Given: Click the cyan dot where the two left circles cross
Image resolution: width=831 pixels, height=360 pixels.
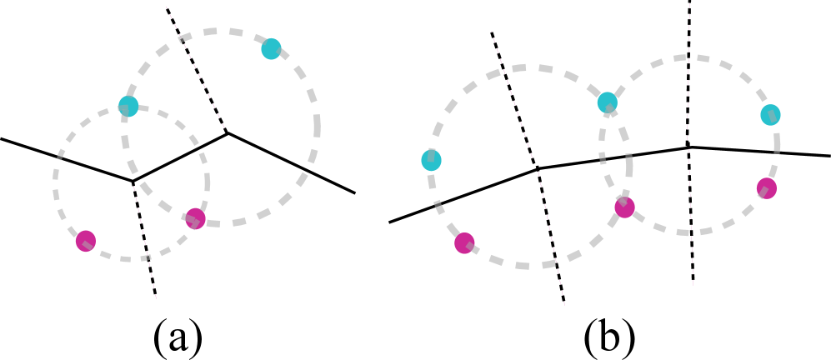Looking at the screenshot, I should coord(128,106).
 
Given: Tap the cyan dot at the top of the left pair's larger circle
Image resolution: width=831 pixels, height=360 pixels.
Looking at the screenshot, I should coord(271,48).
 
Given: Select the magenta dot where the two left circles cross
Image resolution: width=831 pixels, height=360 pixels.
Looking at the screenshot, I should coord(195,218).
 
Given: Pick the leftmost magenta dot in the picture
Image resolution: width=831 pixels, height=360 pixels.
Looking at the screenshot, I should coord(85,241).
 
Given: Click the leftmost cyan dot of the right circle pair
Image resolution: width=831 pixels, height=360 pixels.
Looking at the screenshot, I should coord(431,160).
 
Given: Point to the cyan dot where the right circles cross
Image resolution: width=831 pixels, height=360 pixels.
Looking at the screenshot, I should coord(607,102).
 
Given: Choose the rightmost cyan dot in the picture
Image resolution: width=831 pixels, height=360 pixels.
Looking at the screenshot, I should coord(770,115).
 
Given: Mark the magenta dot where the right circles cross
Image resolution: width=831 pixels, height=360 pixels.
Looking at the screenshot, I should coord(624,207).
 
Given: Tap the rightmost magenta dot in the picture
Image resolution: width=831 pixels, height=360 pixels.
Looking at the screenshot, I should coord(767,188).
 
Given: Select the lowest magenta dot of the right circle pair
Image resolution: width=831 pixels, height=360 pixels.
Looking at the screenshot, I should coord(464,243).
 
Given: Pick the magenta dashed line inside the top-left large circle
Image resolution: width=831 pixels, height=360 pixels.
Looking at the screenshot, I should coord(195,67).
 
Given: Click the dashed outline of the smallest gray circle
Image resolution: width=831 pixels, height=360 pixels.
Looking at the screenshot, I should coord(56,175).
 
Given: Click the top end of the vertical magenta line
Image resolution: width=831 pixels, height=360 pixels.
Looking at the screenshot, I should coord(689,4).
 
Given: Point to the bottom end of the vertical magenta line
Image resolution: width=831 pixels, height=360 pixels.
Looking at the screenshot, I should coord(693,286).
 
